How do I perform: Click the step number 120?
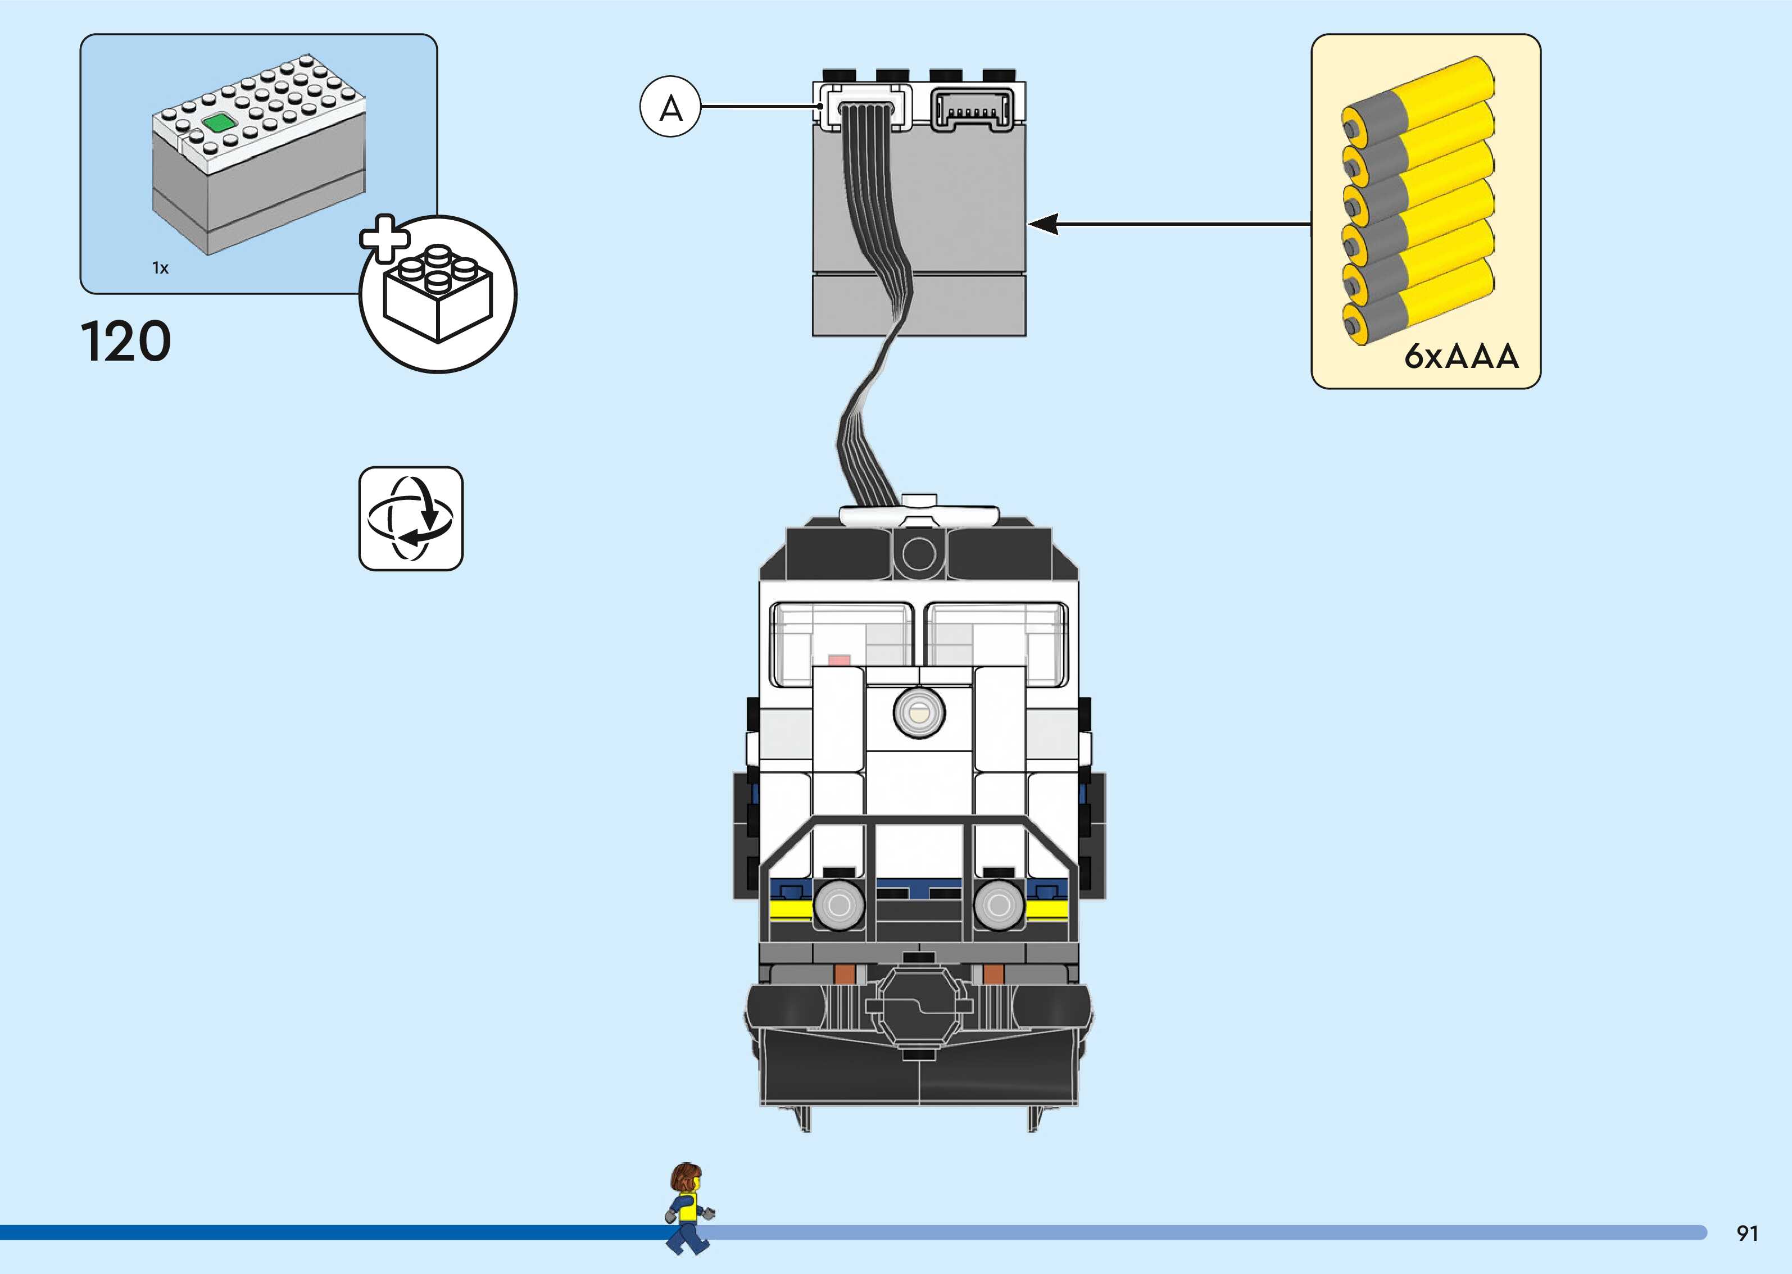pyautogui.click(x=125, y=342)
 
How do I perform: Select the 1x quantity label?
pyautogui.click(x=160, y=269)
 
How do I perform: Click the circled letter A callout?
pyautogui.click(x=670, y=107)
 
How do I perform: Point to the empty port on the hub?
pyautogui.click(x=972, y=109)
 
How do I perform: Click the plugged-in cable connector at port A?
pyautogui.click(x=866, y=109)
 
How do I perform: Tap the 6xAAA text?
pyautogui.click(x=1461, y=356)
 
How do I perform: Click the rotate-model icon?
pyautogui.click(x=411, y=518)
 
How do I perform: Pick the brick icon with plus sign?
pyautogui.click(x=437, y=294)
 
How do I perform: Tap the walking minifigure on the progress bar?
pyautogui.click(x=688, y=1208)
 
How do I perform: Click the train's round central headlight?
pyautogui.click(x=919, y=712)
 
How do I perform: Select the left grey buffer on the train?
pyautogui.click(x=839, y=904)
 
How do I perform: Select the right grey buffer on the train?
pyautogui.click(x=999, y=904)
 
